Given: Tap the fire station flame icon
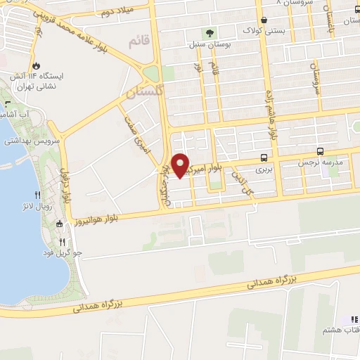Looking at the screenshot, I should pyautogui.click(x=48, y=62).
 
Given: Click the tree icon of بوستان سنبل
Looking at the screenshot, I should pyautogui.click(x=209, y=32).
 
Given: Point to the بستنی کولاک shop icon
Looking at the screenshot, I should pyautogui.click(x=264, y=20).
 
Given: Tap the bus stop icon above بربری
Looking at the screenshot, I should pyautogui.click(x=264, y=157).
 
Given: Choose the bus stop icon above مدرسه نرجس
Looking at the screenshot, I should pyautogui.click(x=321, y=151).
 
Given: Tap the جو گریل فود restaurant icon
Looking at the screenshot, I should pyautogui.click(x=62, y=240).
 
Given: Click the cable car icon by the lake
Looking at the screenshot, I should pyautogui.click(x=59, y=224).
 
